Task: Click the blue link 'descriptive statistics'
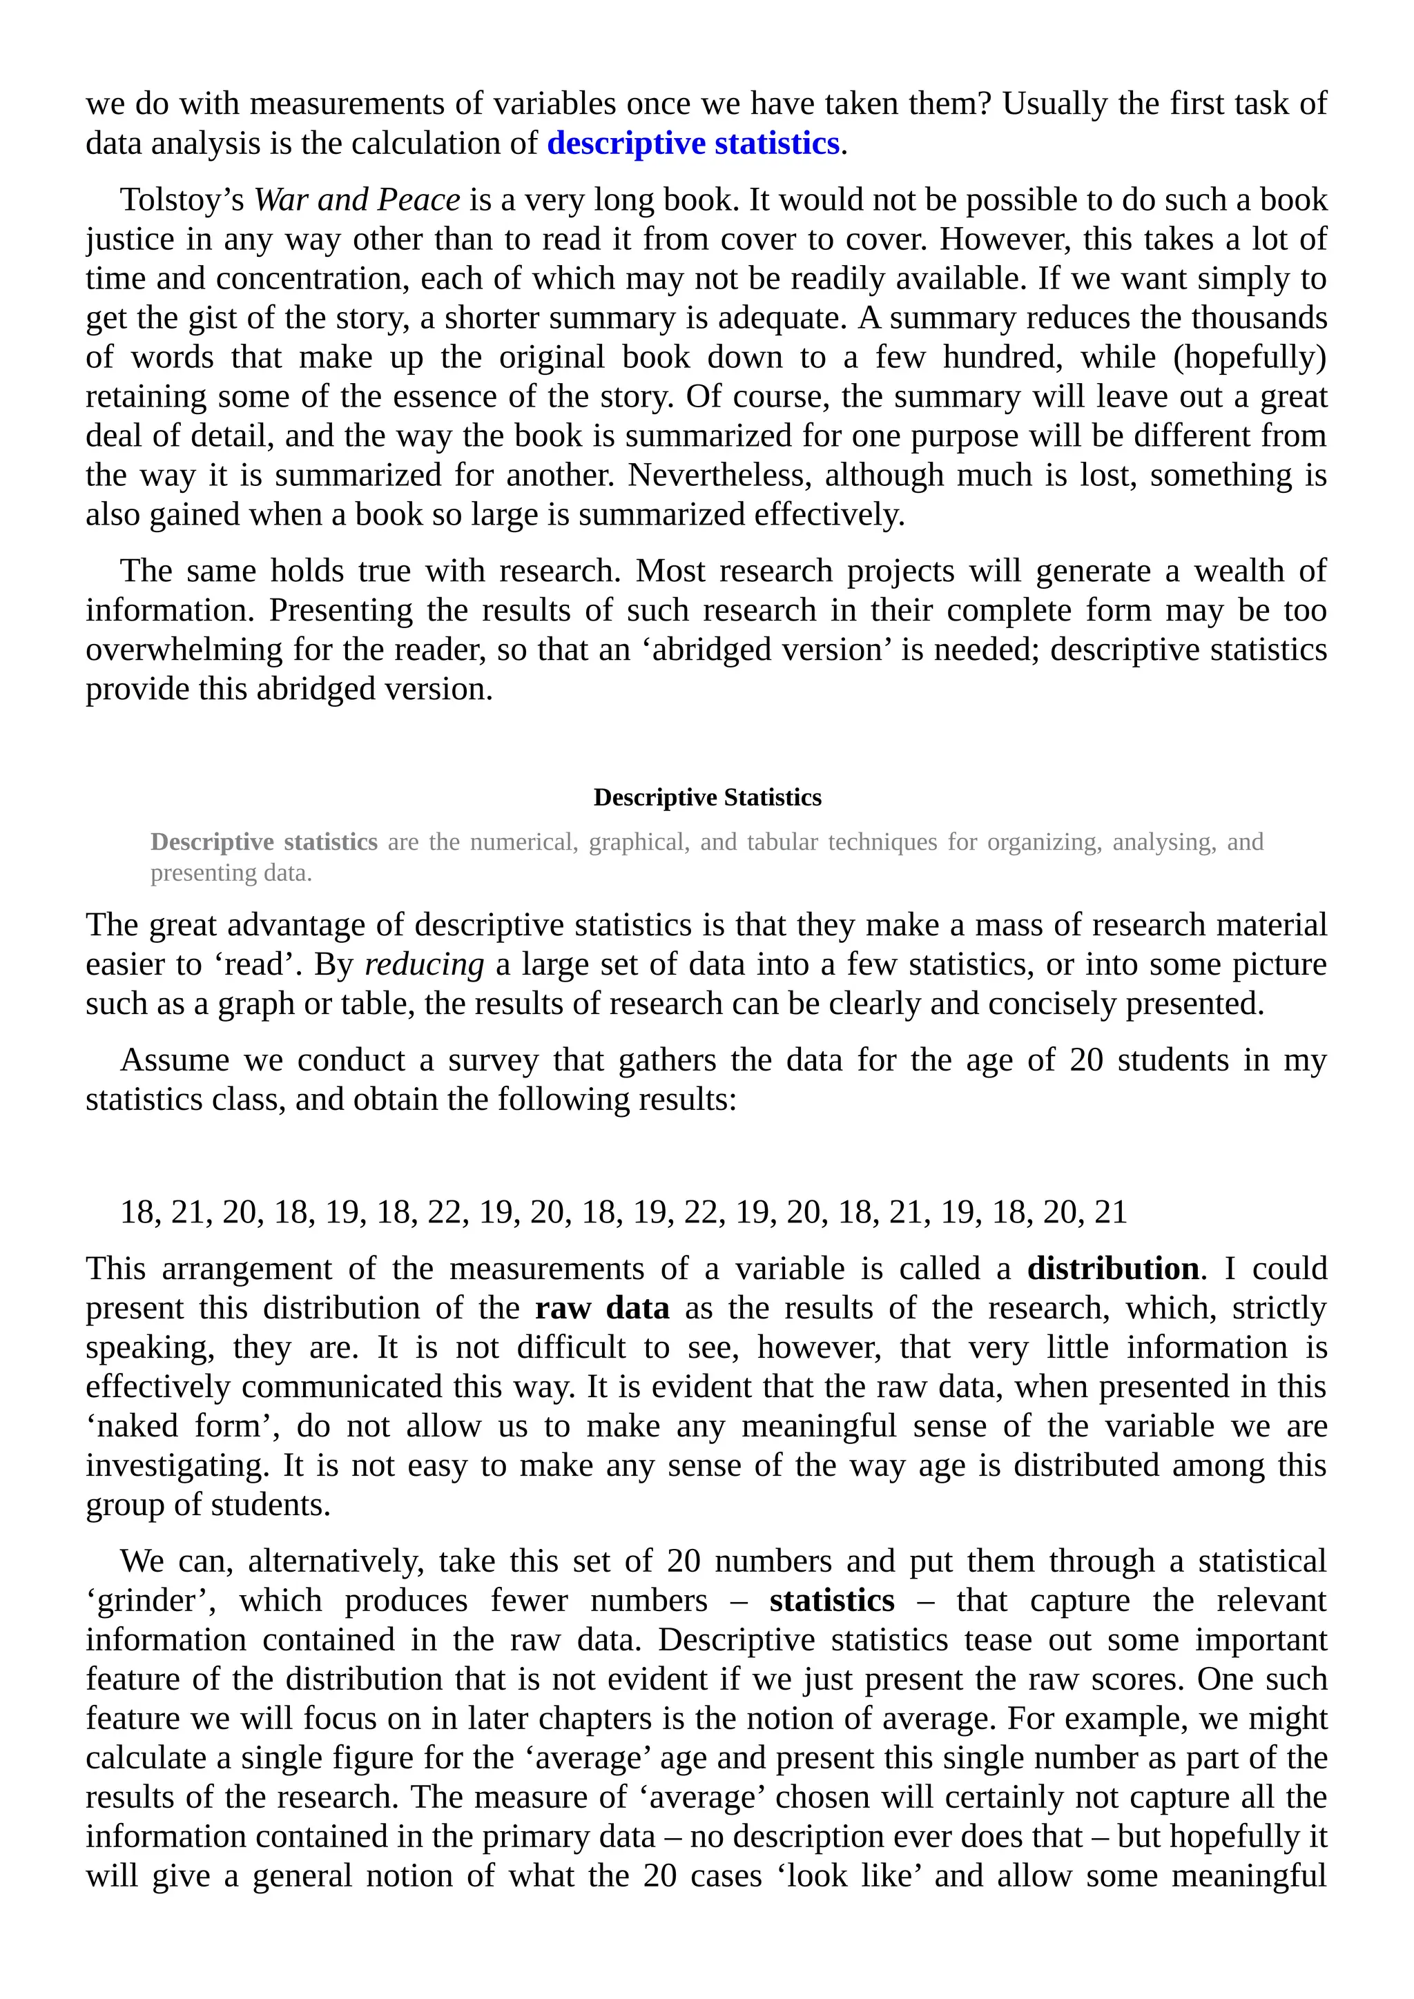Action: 693,144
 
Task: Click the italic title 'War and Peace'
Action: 356,200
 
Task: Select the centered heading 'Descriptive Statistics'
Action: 707,797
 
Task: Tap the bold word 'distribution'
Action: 1113,1269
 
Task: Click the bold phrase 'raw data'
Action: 601,1308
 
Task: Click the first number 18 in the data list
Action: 137,1212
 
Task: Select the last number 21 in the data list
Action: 1110,1212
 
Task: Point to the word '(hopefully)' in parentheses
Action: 1250,357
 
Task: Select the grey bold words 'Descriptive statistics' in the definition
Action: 264,842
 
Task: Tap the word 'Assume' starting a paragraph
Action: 174,1060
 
